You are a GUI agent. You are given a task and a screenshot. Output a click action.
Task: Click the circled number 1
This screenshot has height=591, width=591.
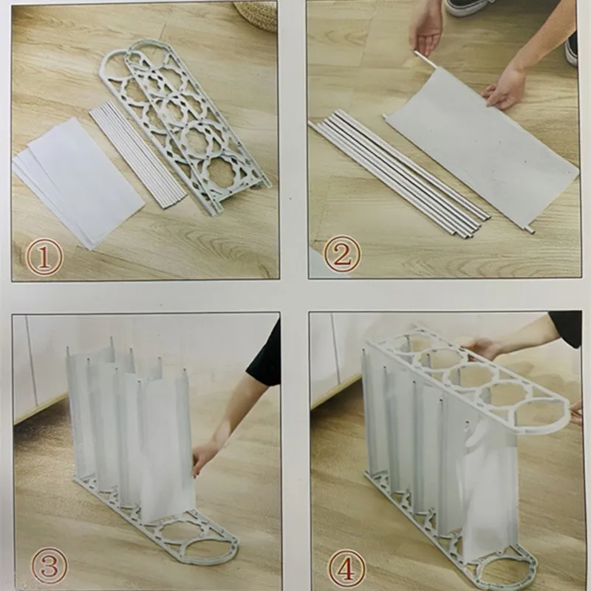(x=44, y=258)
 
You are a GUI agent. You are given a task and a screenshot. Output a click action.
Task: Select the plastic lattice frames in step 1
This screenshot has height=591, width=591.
(x=185, y=118)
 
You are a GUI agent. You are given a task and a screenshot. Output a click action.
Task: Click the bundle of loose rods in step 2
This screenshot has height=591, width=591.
(x=399, y=174)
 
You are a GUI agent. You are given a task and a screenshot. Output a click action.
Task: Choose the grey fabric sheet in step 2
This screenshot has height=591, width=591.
(x=480, y=159)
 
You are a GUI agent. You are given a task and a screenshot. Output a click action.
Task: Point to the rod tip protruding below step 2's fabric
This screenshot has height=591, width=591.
(x=530, y=230)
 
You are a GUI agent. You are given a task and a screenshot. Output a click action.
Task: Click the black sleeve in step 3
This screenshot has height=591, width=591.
(x=265, y=355)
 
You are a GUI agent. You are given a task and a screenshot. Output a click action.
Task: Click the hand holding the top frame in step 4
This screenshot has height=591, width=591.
(x=484, y=347)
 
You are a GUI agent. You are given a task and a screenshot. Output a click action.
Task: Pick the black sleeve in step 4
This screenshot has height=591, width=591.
(x=565, y=328)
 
